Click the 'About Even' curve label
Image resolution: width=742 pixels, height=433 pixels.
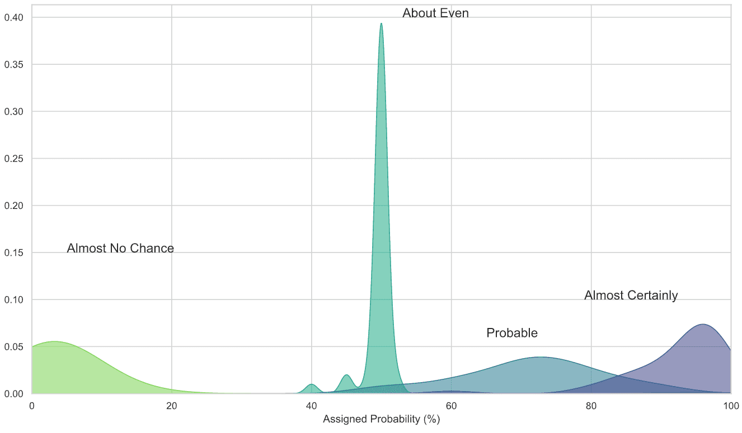435,13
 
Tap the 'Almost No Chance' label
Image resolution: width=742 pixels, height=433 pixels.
120,249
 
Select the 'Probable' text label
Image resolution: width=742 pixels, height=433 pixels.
511,334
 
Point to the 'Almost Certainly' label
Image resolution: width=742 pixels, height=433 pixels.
631,296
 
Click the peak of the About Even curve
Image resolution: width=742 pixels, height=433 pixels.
381,24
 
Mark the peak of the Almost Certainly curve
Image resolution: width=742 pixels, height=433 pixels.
702,325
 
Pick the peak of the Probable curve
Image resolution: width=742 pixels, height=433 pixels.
539,358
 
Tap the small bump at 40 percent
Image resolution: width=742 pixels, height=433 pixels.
311,384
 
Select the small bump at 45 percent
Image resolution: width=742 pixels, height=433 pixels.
346,375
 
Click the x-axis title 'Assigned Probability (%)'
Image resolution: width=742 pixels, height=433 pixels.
381,419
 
